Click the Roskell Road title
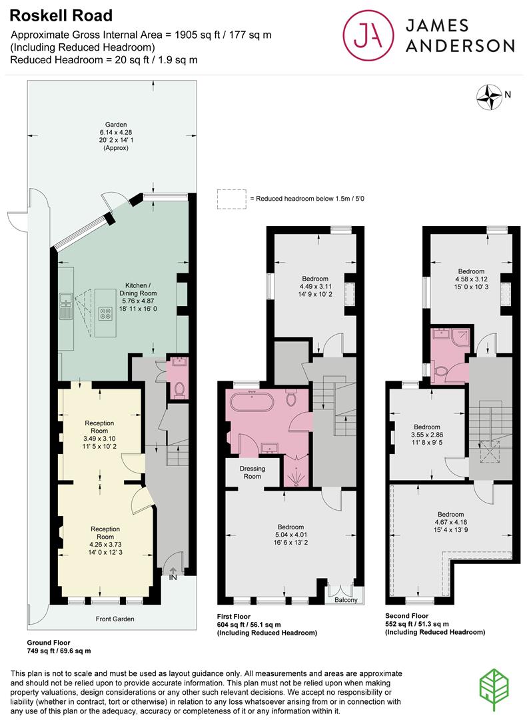pyautogui.click(x=61, y=15)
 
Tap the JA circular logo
pyautogui.click(x=368, y=35)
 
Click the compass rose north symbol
pyautogui.click(x=489, y=97)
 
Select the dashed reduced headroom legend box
pyautogui.click(x=231, y=199)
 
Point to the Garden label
pyautogui.click(x=116, y=125)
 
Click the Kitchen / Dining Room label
pyautogui.click(x=138, y=289)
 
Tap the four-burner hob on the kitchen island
pyautogui.click(x=106, y=313)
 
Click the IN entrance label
pyautogui.click(x=173, y=577)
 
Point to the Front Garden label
pyautogui.click(x=115, y=619)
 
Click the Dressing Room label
pyautogui.click(x=253, y=473)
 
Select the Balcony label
pyautogui.click(x=346, y=600)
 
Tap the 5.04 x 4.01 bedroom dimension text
pyautogui.click(x=290, y=535)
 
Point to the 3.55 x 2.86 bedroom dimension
pyautogui.click(x=427, y=435)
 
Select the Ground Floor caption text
pyautogui.click(x=49, y=643)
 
